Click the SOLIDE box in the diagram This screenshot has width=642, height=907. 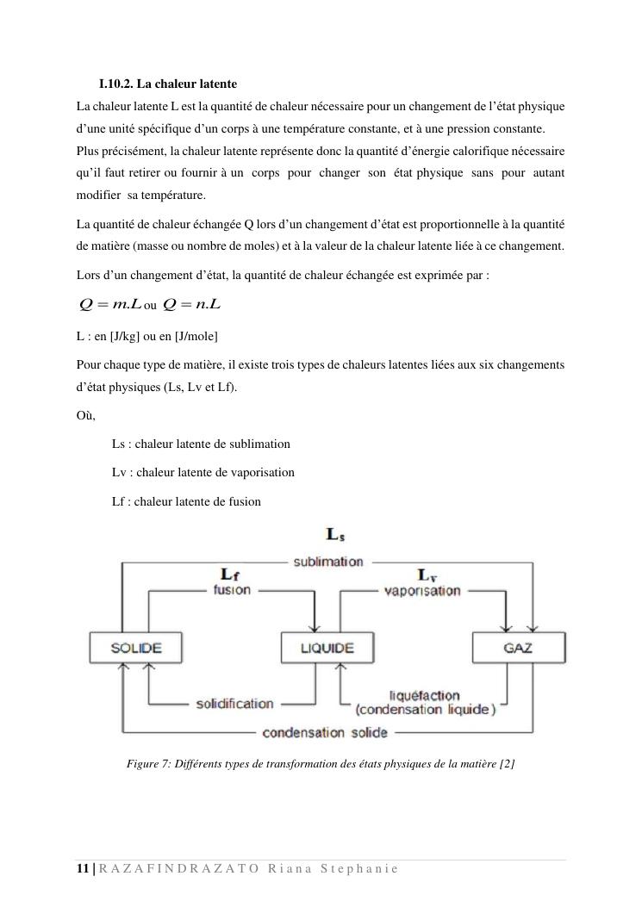point(136,648)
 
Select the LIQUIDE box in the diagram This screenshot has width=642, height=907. point(327,648)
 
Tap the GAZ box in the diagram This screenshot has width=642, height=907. point(518,648)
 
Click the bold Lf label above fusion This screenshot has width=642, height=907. point(232,574)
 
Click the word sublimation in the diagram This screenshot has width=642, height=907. point(328,562)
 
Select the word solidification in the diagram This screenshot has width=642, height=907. point(234,704)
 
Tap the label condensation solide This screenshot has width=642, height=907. point(325,733)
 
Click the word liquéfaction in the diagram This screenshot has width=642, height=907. point(425,695)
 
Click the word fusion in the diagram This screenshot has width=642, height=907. point(232,590)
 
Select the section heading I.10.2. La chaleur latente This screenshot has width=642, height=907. point(168,84)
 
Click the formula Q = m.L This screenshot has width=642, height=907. point(109,305)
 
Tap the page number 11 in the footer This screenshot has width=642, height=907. point(83,868)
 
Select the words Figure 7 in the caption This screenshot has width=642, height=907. point(147,763)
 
